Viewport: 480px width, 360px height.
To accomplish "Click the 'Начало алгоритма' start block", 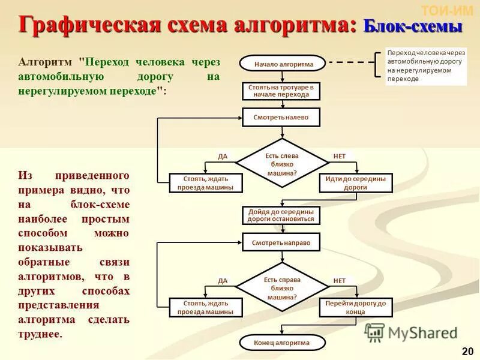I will point(281,63).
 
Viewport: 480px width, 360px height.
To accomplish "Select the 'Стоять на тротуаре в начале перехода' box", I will point(281,91).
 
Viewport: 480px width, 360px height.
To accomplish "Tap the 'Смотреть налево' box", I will point(281,118).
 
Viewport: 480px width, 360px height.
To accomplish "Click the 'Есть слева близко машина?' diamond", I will point(281,164).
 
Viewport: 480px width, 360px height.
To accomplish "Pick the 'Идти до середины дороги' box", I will point(355,183).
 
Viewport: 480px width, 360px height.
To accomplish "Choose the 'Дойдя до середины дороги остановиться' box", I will point(281,215).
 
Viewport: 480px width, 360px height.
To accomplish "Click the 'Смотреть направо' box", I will point(281,242).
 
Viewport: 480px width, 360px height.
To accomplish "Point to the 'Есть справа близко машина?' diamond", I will point(281,289).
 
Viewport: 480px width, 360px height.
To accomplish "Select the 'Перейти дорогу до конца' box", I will point(355,307).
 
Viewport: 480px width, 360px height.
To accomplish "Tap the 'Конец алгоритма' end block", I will point(281,343).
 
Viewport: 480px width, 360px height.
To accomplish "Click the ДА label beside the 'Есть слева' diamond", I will point(223,157).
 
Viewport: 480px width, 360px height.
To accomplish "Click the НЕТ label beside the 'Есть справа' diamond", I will point(340,281).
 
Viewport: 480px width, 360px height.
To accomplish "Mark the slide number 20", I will point(467,350).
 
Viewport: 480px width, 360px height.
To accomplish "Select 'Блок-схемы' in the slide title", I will point(413,26).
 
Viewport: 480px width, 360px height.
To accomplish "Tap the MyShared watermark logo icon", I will point(375,332).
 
